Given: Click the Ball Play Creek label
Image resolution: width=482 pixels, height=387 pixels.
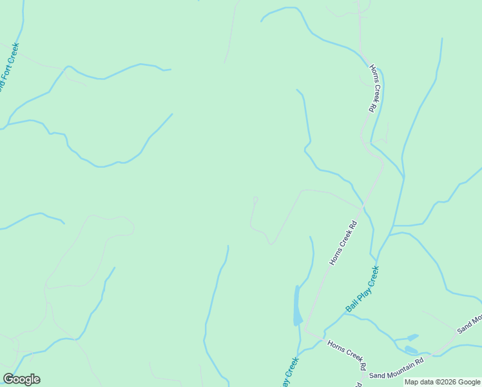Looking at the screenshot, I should click(362, 290).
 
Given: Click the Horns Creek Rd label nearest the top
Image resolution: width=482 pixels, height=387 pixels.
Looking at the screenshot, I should click(372, 88).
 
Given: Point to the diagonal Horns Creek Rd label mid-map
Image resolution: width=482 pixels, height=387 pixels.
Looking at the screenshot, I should click(343, 244).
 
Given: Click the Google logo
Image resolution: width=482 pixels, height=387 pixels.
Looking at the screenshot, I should click(22, 379).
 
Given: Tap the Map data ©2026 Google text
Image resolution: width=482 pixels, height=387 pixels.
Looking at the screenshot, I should click(442, 382).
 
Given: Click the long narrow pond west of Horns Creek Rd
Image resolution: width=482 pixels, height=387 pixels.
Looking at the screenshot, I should click(297, 306).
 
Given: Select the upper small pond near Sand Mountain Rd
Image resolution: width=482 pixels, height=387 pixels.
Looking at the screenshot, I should click(412, 337).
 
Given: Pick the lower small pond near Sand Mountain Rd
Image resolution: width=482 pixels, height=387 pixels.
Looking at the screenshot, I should click(410, 350).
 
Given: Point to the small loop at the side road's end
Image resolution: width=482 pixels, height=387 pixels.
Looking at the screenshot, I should click(255, 199).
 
